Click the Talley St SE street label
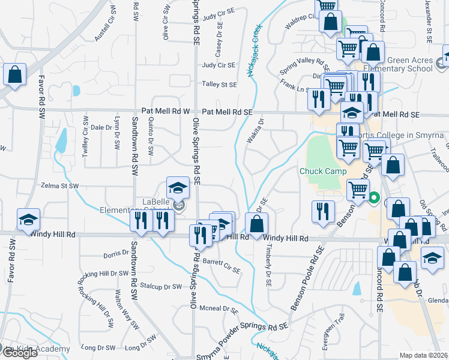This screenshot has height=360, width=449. click(x=219, y=85)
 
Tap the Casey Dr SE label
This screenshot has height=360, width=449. click(x=219, y=38)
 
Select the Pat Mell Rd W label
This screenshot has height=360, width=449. click(x=166, y=111)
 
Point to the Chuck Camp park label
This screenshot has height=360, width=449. click(x=323, y=171)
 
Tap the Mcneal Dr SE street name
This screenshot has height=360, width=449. click(x=221, y=310)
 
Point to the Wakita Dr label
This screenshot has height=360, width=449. click(x=255, y=131)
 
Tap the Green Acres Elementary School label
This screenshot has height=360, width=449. click(x=410, y=64)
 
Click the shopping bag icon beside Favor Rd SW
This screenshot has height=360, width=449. click(x=14, y=74)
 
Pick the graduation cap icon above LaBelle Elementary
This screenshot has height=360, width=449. click(x=177, y=187)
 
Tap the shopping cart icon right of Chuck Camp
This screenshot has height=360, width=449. click(x=358, y=189)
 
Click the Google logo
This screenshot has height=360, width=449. click(x=19, y=353)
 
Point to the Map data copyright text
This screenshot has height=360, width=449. click(x=424, y=355)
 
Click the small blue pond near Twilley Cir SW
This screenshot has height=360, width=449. click(x=61, y=140)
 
